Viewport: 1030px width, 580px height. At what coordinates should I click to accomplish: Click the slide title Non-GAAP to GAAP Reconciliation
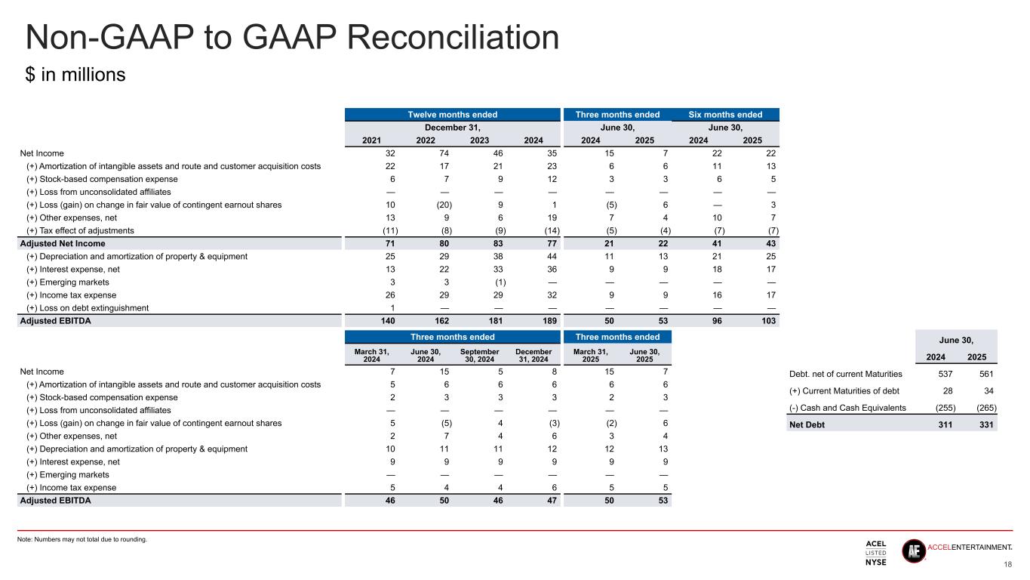click(x=292, y=38)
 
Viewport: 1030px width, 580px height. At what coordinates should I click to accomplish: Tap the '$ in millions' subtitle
click(x=75, y=76)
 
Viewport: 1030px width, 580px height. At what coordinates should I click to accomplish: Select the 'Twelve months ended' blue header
click(x=453, y=115)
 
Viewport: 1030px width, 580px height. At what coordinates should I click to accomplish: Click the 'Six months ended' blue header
click(x=726, y=115)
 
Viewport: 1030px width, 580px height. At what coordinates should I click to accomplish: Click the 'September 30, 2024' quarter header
click(x=480, y=355)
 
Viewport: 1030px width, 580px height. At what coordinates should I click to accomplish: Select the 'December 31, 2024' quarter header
click(x=533, y=355)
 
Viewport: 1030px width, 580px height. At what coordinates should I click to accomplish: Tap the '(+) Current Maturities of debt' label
click(x=843, y=390)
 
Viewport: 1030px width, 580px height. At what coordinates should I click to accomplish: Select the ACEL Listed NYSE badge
click(x=875, y=553)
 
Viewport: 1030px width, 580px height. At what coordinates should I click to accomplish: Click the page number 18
click(x=1008, y=564)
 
